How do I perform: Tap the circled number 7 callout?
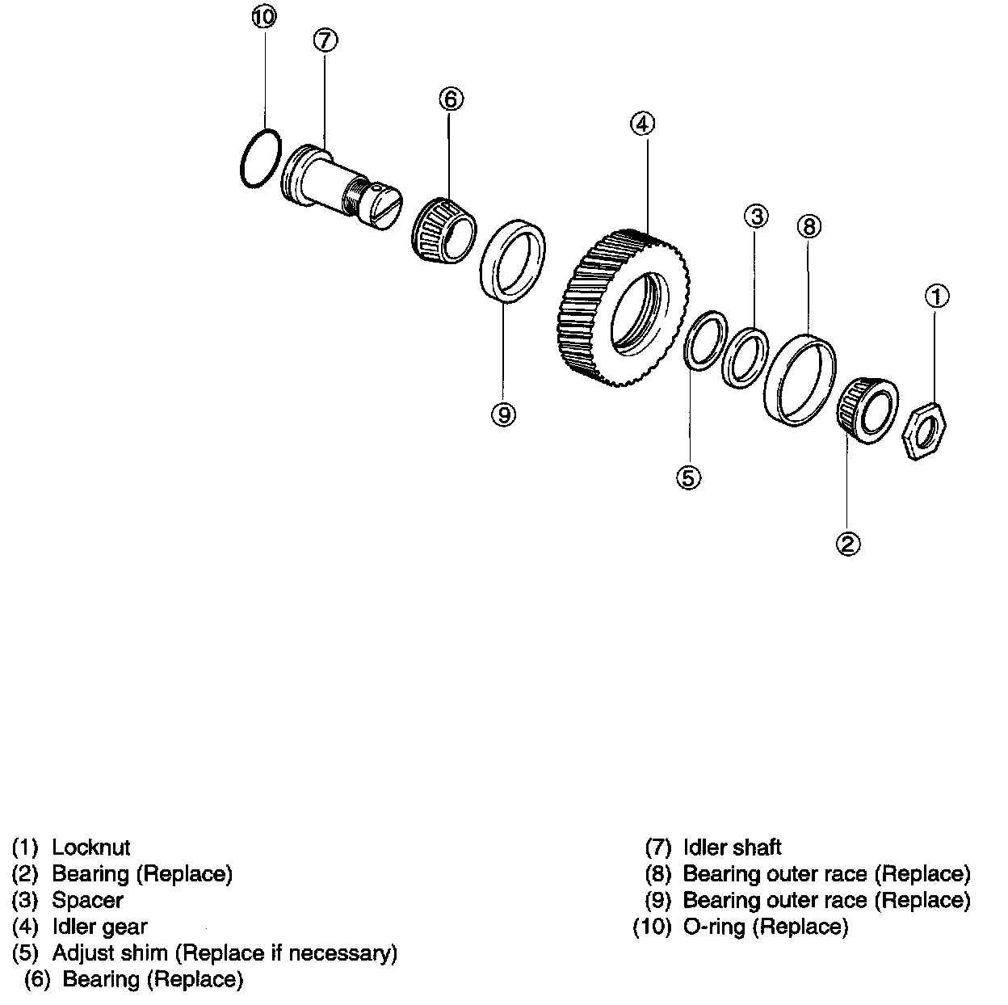[324, 40]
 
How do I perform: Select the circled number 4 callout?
[642, 124]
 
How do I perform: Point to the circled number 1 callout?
[936, 296]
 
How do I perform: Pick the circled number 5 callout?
[688, 477]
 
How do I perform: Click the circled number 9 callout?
[502, 414]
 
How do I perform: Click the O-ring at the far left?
[261, 159]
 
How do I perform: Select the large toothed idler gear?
[623, 306]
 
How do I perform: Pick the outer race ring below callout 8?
[800, 378]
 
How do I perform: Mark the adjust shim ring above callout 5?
[702, 340]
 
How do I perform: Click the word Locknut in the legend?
[90, 847]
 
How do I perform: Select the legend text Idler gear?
[99, 927]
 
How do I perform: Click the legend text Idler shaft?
[732, 847]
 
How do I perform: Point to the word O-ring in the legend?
[714, 927]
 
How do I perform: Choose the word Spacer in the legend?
[87, 900]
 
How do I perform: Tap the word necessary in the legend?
[342, 953]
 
